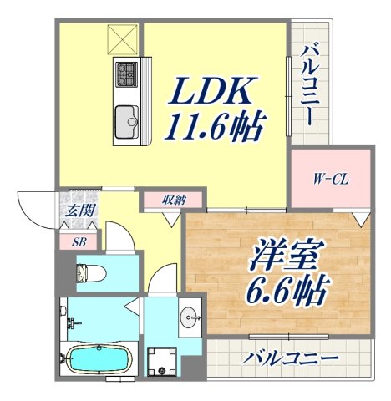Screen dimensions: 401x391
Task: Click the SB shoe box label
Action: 78,241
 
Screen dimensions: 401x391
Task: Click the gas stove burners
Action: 126,74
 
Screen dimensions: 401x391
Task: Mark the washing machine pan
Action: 160,362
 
